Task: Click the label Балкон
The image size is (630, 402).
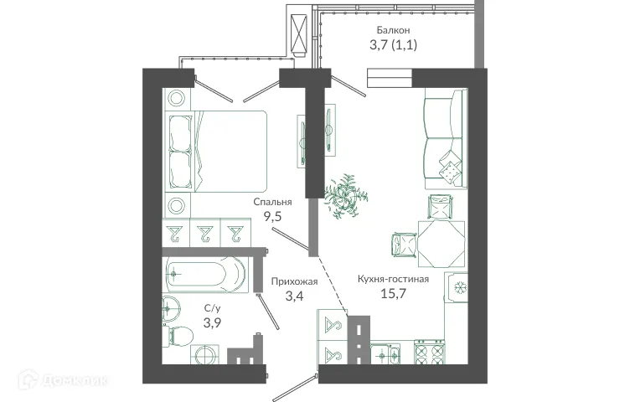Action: (x=393, y=29)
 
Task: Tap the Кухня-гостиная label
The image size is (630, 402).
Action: (x=393, y=279)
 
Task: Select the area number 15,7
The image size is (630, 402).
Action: (x=393, y=294)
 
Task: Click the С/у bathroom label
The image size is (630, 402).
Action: (x=213, y=307)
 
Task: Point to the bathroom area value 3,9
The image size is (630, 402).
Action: (x=213, y=322)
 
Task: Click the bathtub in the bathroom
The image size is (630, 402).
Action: (x=206, y=273)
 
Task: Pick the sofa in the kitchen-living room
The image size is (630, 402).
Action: (x=441, y=143)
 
